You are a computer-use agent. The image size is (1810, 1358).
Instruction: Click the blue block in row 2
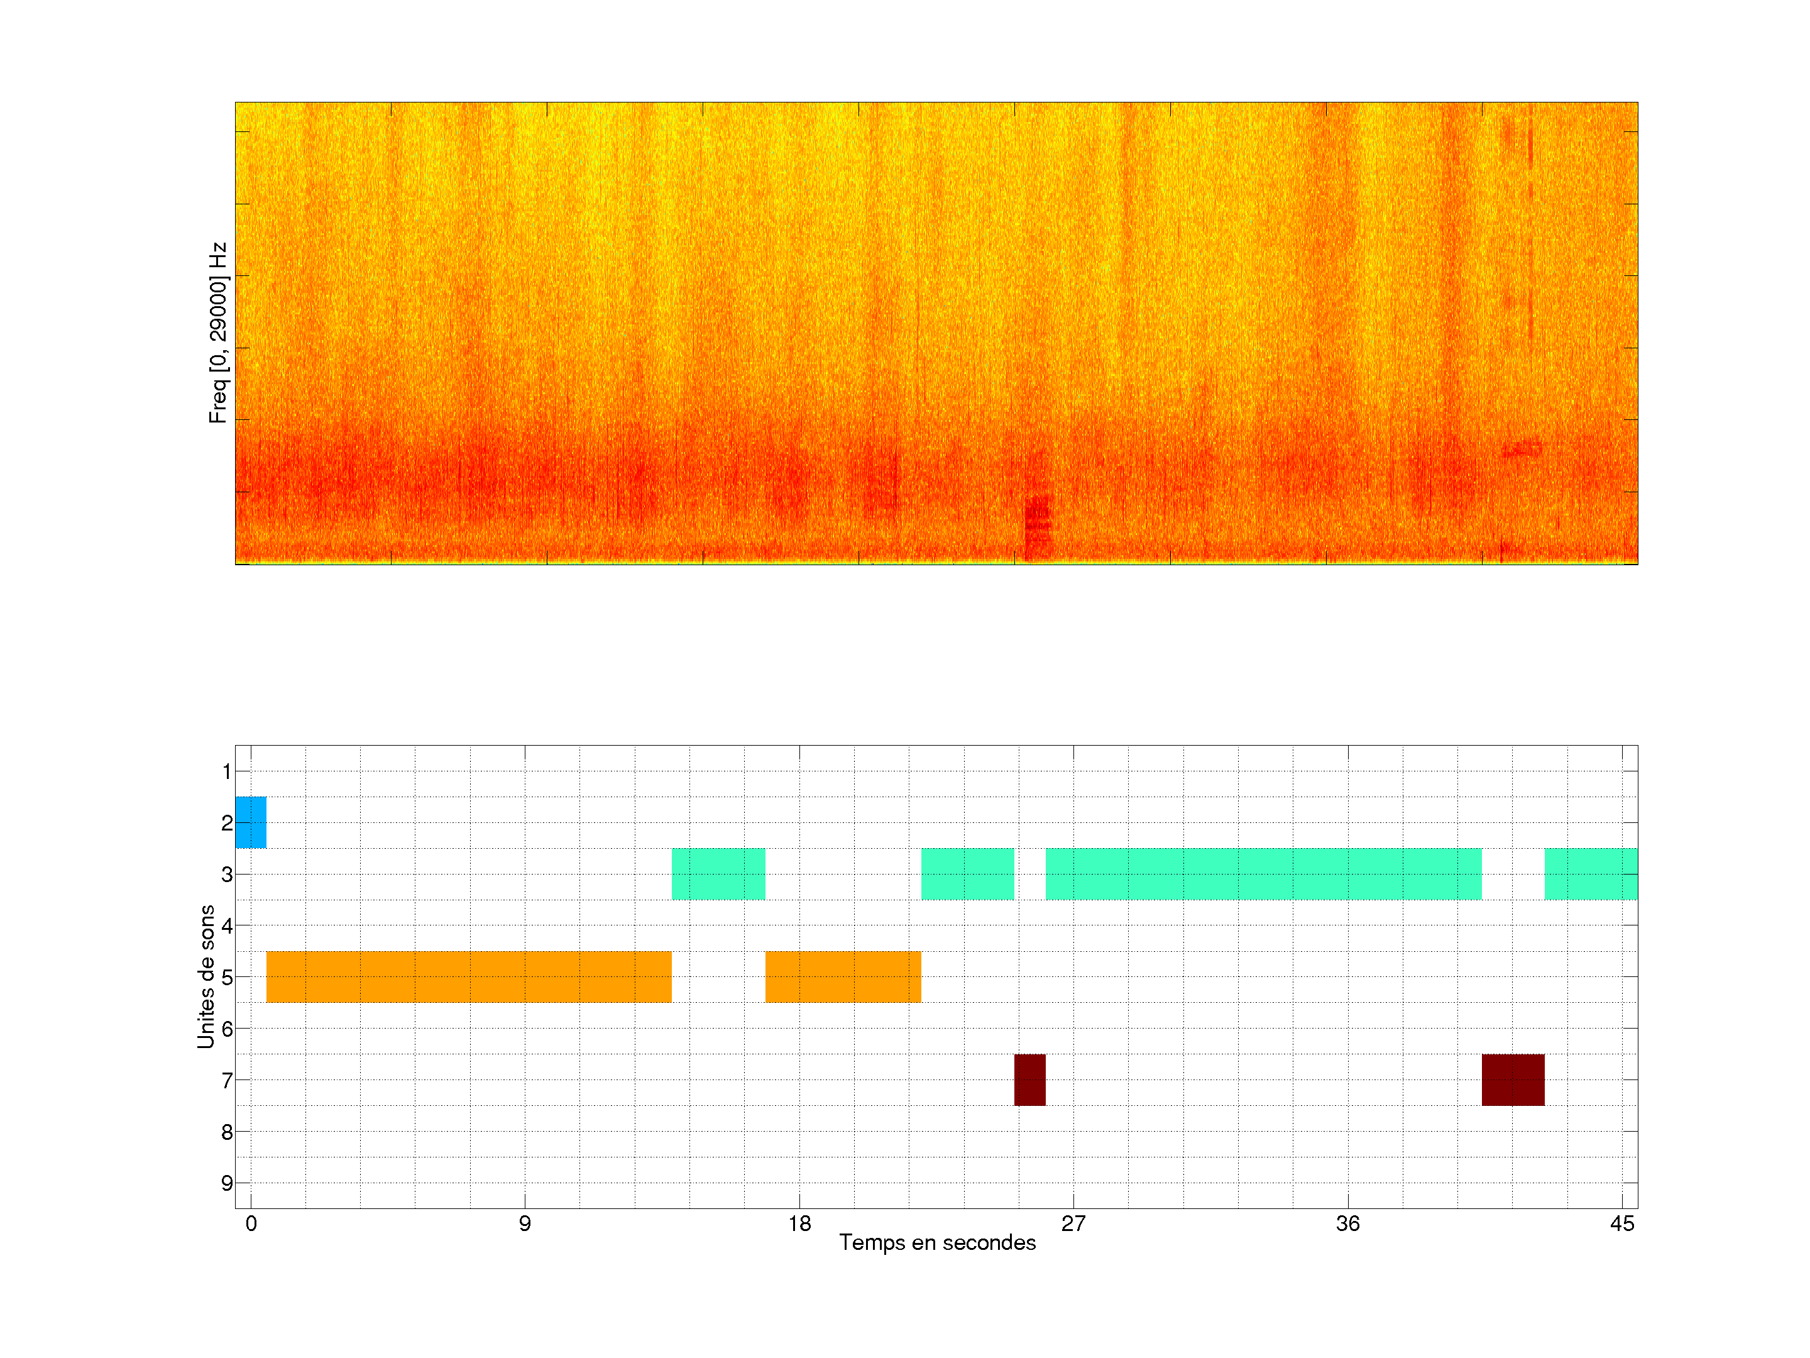[x=250, y=822]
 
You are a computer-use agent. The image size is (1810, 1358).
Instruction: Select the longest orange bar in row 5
[x=469, y=976]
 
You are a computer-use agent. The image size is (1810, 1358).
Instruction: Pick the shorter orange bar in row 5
[x=843, y=976]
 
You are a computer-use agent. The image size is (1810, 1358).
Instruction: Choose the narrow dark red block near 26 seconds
[x=1029, y=1079]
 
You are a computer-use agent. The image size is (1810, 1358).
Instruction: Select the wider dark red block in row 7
[x=1513, y=1079]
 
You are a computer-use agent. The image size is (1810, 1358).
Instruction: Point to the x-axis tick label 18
[x=799, y=1223]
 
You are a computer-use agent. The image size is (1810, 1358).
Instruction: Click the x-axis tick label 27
[x=1073, y=1223]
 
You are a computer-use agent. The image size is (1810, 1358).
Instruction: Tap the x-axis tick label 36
[x=1347, y=1223]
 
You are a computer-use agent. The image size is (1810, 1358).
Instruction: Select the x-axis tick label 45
[x=1622, y=1223]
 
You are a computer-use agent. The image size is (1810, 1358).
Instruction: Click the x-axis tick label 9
[x=525, y=1223]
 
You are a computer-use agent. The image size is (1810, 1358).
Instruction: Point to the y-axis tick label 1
[x=227, y=771]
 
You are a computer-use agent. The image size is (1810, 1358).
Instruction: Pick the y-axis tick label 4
[x=227, y=926]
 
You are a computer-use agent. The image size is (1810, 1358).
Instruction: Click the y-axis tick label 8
[x=227, y=1132]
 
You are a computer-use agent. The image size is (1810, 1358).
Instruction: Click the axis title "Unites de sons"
[x=206, y=976]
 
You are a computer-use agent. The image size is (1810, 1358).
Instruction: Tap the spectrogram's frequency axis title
[x=217, y=333]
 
